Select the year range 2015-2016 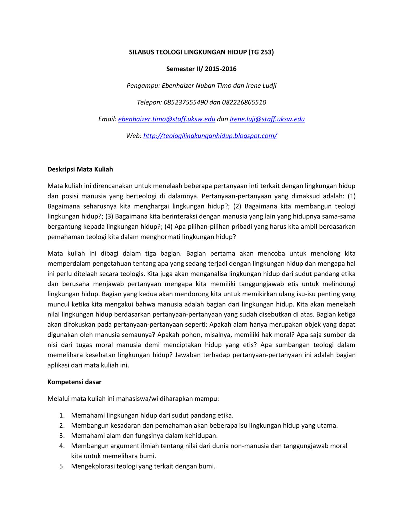coord(221,69)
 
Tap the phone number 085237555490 coord(186,102)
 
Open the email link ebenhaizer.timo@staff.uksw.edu coord(167,119)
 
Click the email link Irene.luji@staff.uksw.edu coord(267,119)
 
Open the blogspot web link coord(210,136)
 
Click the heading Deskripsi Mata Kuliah coord(80,169)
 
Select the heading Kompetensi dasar coord(74,382)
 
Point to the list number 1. coord(62,416)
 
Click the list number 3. coord(62,436)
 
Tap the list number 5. coord(62,466)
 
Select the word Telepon coord(149,102)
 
